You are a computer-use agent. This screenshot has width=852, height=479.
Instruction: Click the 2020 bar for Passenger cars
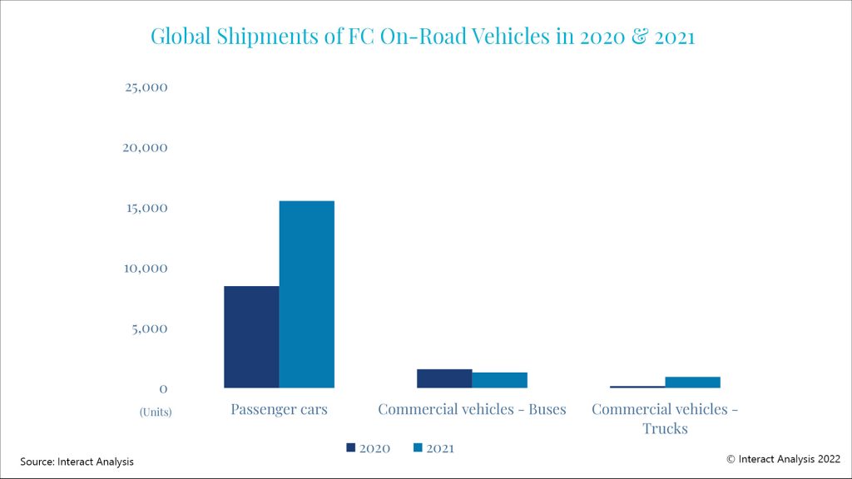[251, 337]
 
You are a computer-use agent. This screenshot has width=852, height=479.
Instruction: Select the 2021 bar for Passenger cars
[306, 294]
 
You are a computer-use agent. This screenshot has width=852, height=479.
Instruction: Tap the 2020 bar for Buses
[444, 378]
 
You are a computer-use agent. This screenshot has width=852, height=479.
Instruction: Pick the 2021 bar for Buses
[499, 380]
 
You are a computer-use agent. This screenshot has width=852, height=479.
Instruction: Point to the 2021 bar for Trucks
[692, 383]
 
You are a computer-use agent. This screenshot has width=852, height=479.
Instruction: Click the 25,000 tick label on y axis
[146, 87]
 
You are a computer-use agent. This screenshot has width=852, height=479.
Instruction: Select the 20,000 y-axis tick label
[146, 147]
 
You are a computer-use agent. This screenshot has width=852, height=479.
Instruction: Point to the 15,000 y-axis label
[146, 208]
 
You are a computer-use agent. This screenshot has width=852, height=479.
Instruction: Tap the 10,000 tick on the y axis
[146, 268]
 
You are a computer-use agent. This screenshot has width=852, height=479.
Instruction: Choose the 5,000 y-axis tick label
[150, 328]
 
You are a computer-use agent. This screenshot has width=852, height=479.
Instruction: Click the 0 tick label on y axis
[163, 388]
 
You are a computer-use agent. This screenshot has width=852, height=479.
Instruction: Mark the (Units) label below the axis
[156, 412]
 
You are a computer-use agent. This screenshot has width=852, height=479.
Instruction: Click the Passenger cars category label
[279, 409]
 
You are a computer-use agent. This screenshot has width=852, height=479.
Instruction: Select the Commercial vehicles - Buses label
[472, 409]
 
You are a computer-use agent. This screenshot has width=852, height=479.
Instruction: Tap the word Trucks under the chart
[665, 429]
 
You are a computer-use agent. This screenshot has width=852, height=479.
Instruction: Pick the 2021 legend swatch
[419, 448]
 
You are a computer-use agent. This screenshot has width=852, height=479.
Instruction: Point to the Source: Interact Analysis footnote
[77, 462]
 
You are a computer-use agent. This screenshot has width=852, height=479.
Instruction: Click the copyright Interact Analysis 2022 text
[783, 458]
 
